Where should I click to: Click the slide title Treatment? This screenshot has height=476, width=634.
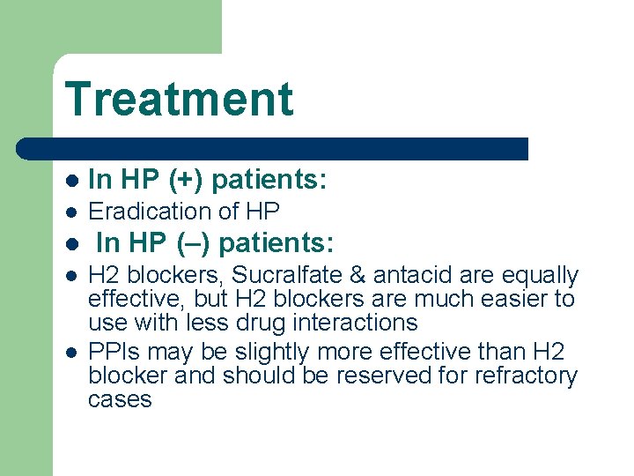point(179,98)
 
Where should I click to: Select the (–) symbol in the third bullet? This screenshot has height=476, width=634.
point(194,242)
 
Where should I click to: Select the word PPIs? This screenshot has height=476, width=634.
point(114,353)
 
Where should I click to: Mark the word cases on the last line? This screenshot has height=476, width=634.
point(120,400)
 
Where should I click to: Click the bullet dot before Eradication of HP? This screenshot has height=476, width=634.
point(72,212)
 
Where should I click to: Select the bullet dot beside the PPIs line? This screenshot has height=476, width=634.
point(72,353)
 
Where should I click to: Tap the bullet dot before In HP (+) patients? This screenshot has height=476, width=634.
point(72,181)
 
